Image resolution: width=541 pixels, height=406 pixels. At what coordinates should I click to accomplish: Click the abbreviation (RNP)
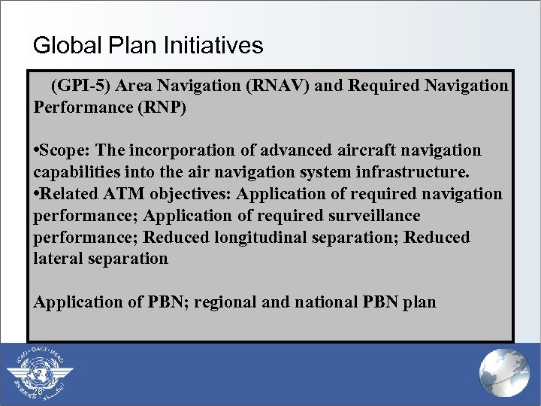click(162, 107)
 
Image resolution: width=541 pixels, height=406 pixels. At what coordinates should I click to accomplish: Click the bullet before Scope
click(37, 150)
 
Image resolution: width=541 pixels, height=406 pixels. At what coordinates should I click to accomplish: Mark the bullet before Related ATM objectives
click(37, 194)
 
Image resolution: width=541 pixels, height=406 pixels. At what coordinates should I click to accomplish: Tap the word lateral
click(56, 259)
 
